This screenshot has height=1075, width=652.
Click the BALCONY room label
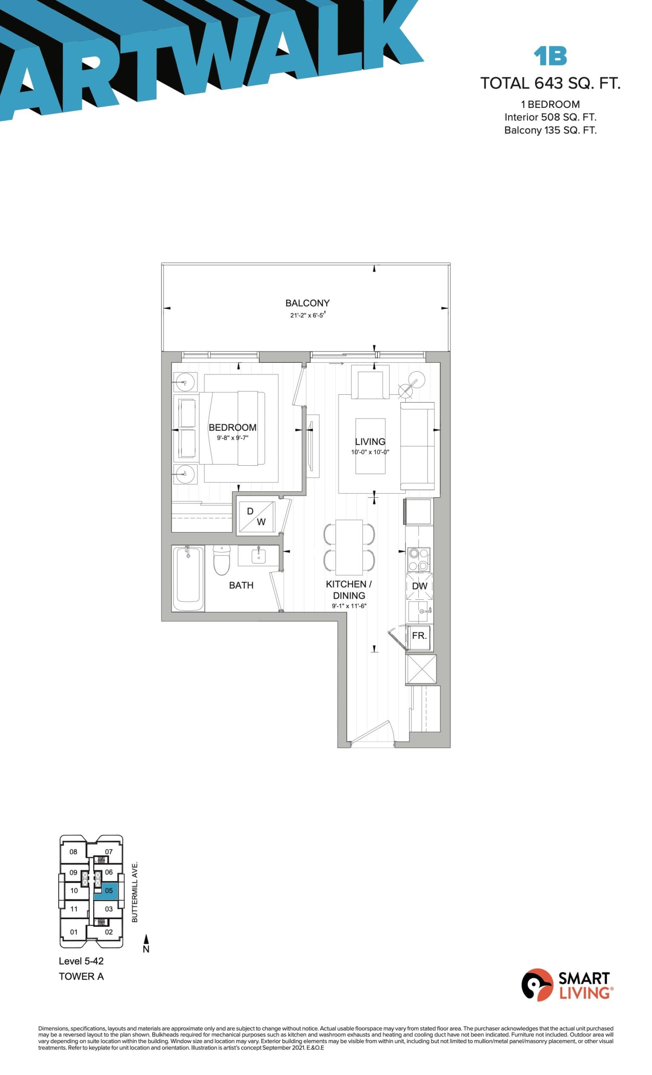click(x=307, y=303)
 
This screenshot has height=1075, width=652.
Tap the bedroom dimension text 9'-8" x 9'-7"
click(x=233, y=438)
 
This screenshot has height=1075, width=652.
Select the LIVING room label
click(x=370, y=441)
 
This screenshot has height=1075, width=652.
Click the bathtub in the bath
click(x=188, y=579)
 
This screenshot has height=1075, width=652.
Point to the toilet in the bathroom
click(x=222, y=561)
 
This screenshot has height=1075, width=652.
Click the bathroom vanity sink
click(x=258, y=556)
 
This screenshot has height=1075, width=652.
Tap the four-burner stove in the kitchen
click(x=418, y=559)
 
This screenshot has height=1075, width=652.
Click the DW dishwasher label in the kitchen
click(x=419, y=586)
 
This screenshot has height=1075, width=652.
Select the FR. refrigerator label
click(x=419, y=636)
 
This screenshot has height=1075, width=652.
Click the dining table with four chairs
click(x=349, y=547)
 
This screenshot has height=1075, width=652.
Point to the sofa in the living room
click(x=417, y=446)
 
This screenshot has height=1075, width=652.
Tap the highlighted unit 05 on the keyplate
click(x=109, y=891)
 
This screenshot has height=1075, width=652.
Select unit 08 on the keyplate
click(x=73, y=851)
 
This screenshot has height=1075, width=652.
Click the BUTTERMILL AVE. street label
click(x=135, y=891)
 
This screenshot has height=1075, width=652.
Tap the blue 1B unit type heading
click(x=550, y=56)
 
